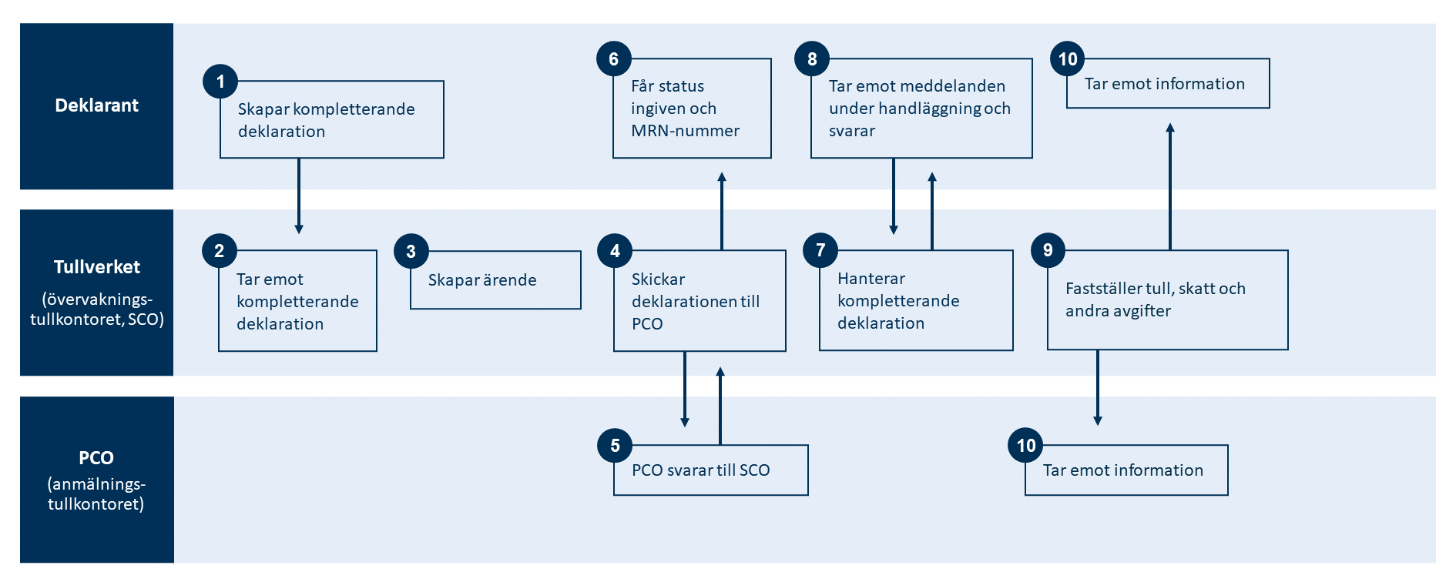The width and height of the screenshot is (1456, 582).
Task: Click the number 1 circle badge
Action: (x=220, y=82)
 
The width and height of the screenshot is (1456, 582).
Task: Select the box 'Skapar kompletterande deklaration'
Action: (x=332, y=120)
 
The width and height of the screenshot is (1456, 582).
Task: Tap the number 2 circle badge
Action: (x=220, y=251)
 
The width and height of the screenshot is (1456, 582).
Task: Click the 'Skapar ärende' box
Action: (x=495, y=280)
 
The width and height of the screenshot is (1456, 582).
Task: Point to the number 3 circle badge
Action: (x=411, y=252)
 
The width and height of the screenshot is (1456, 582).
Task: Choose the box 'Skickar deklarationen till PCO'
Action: (x=699, y=301)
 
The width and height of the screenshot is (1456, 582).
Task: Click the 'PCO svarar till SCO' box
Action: (x=710, y=470)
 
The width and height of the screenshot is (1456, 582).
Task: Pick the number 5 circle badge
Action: (x=615, y=446)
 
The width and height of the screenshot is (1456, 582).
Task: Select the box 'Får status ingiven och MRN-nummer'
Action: (x=692, y=109)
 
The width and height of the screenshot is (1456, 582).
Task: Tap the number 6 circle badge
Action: (x=614, y=59)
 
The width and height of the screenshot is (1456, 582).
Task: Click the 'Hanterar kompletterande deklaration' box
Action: (x=916, y=300)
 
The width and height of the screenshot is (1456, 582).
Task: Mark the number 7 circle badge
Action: (x=820, y=250)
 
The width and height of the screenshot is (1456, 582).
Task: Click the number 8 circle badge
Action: (x=812, y=59)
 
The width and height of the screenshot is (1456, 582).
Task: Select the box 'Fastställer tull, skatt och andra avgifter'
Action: (x=1167, y=299)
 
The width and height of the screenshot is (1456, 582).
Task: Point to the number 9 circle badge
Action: (x=1048, y=250)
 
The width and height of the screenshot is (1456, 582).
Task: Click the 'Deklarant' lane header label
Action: (x=97, y=105)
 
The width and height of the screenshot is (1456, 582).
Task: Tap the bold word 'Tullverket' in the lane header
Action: (x=97, y=267)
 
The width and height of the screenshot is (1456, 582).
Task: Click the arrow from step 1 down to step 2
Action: (x=299, y=196)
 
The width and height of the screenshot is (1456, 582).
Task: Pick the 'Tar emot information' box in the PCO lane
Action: (x=1126, y=470)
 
